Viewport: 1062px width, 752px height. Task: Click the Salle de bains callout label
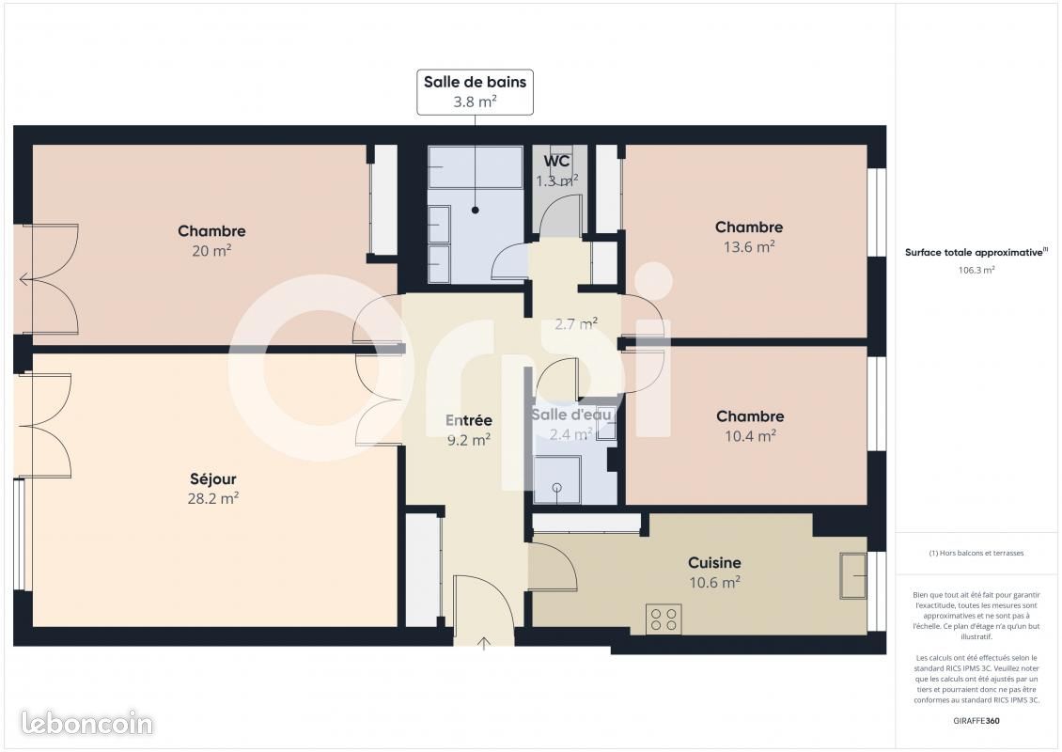pyautogui.click(x=475, y=82)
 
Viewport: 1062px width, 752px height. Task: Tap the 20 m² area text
pyautogui.click(x=211, y=251)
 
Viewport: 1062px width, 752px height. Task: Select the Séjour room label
pyautogui.click(x=212, y=479)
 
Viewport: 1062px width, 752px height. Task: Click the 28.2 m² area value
pyautogui.click(x=212, y=499)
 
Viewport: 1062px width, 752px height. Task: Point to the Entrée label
pyautogui.click(x=468, y=420)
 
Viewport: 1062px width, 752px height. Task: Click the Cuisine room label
pyautogui.click(x=714, y=562)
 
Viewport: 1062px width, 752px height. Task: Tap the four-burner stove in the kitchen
pyautogui.click(x=663, y=619)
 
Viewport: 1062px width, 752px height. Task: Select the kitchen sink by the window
pyautogui.click(x=854, y=574)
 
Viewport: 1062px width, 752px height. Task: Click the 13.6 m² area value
pyautogui.click(x=748, y=247)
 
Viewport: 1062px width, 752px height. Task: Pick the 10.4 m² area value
pyautogui.click(x=749, y=436)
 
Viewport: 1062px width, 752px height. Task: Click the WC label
pyautogui.click(x=557, y=161)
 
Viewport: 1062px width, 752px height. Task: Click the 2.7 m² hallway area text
pyautogui.click(x=575, y=324)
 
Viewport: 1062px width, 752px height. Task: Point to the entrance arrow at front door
pyautogui.click(x=485, y=644)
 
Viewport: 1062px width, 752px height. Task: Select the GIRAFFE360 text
pyautogui.click(x=976, y=719)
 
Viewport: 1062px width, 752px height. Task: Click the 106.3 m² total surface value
pyautogui.click(x=976, y=269)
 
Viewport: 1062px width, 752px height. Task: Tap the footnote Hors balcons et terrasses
pyautogui.click(x=976, y=553)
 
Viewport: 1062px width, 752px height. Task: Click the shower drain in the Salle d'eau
pyautogui.click(x=557, y=488)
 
